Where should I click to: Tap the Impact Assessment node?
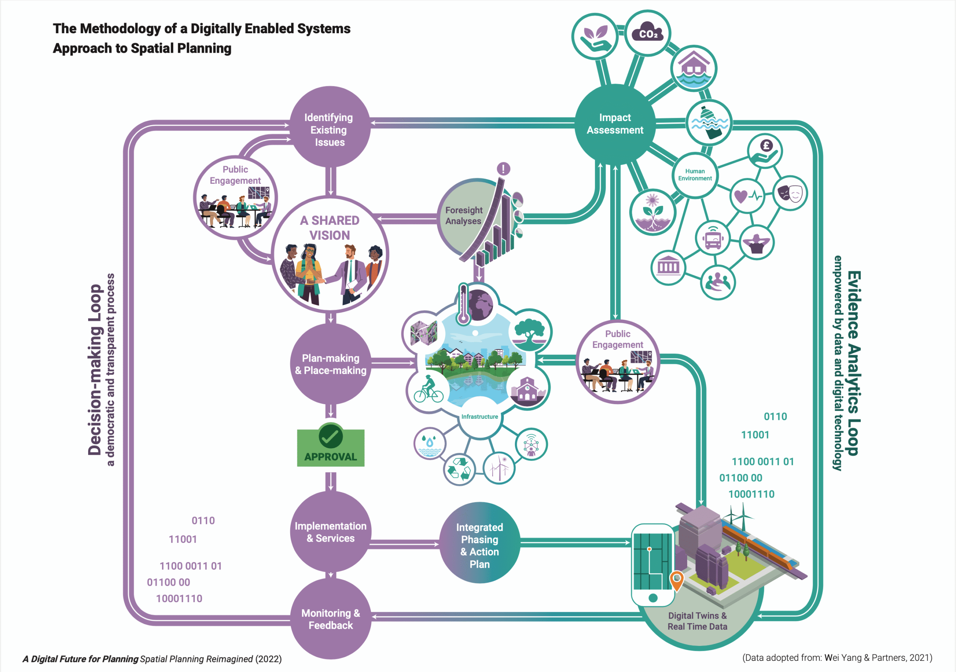click(x=615, y=124)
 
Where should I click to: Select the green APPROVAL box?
click(x=330, y=448)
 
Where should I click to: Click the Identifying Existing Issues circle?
click(x=330, y=127)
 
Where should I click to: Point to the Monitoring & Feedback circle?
click(x=330, y=619)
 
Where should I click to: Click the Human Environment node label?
click(x=695, y=174)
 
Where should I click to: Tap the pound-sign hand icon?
click(x=765, y=151)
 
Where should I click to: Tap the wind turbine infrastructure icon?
click(x=499, y=467)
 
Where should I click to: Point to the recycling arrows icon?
click(x=459, y=469)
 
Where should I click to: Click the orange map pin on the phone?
click(x=677, y=580)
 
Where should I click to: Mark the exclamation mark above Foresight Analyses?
click(x=503, y=169)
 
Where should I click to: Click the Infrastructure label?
click(x=479, y=416)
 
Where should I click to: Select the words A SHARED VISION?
click(x=330, y=227)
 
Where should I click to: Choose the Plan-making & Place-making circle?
click(x=330, y=364)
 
